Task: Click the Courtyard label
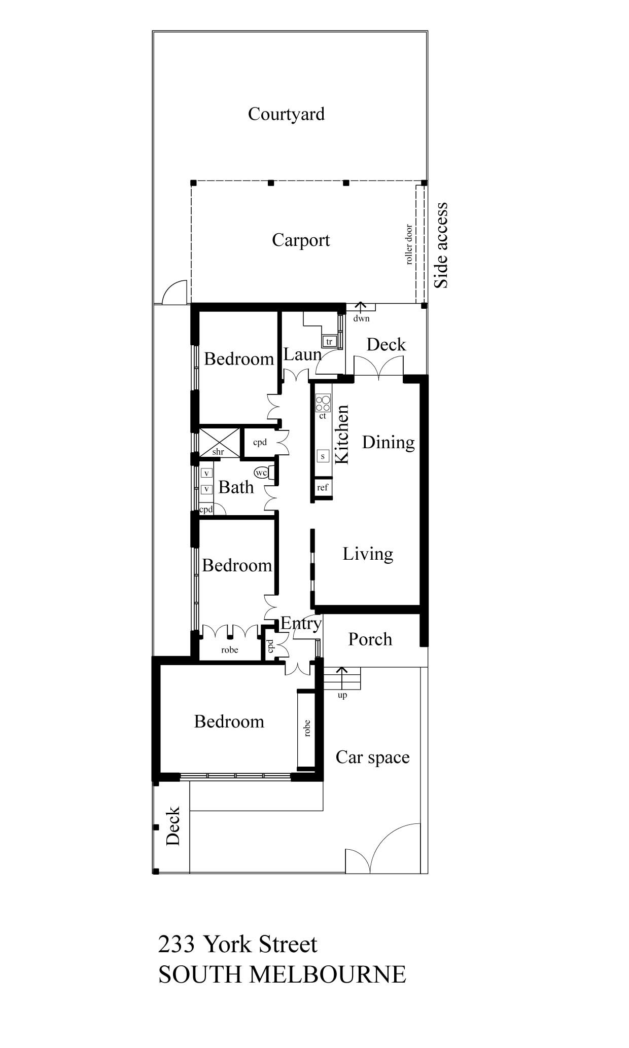point(286,114)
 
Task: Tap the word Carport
point(301,240)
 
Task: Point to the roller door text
point(409,244)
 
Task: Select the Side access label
point(441,245)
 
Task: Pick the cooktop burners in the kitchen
point(323,404)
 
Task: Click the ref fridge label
point(323,487)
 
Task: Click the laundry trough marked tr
point(330,342)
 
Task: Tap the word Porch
point(370,639)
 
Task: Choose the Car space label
point(373,757)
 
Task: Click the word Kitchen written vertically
point(342,434)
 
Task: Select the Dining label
point(389,443)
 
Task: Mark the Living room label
point(368,554)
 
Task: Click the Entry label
point(301,623)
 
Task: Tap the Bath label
point(236,487)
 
